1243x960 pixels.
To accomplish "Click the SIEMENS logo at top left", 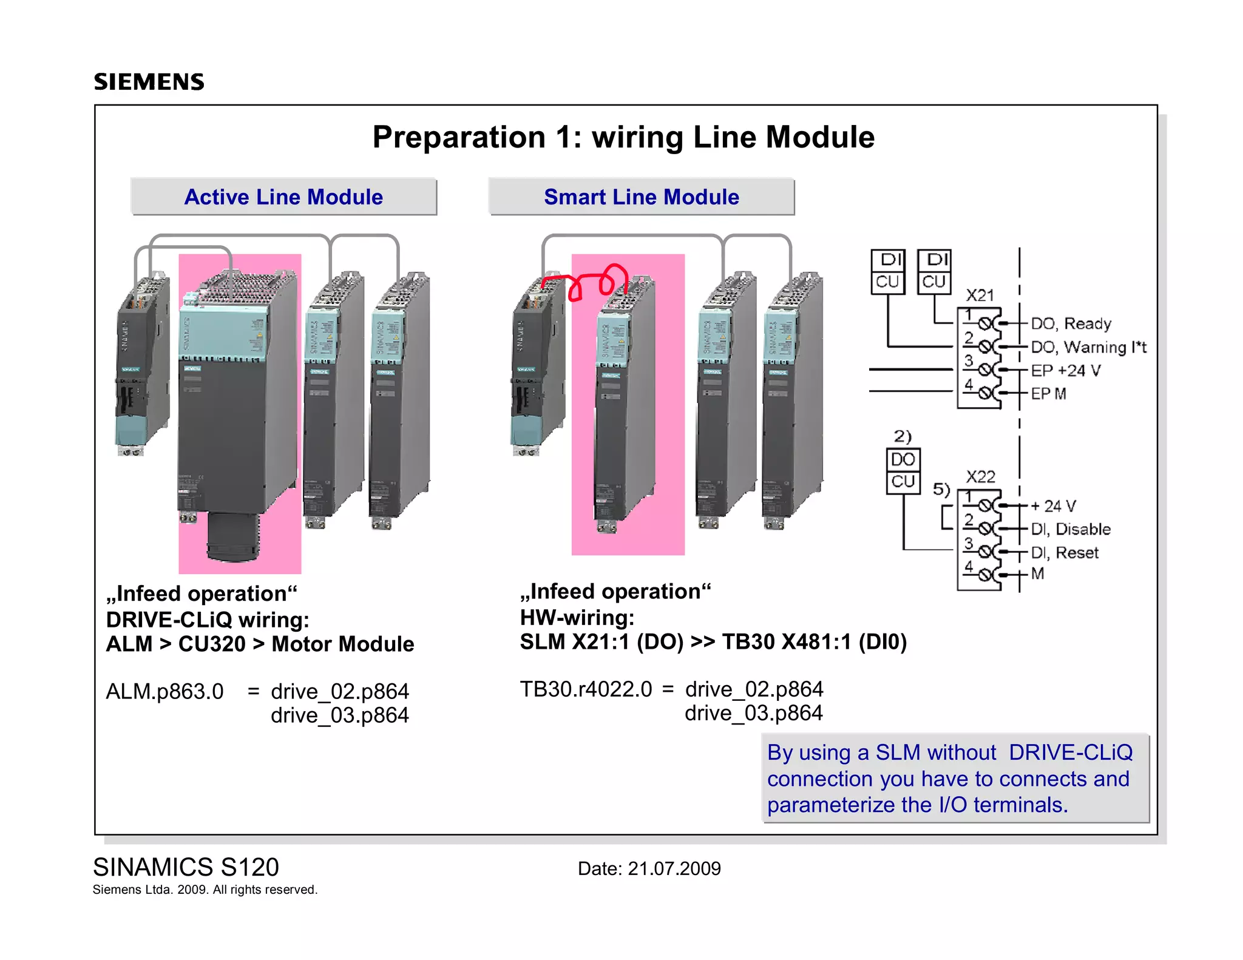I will click(149, 82).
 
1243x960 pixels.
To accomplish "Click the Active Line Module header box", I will click(283, 197).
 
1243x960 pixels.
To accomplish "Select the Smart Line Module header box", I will click(641, 197).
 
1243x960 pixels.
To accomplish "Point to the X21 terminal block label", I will click(980, 296).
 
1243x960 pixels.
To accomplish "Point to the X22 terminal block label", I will click(980, 476).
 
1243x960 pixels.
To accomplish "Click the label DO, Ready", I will click(1071, 323).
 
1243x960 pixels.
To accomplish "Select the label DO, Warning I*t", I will click(1088, 347).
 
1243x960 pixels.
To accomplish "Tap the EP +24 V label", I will click(1065, 370).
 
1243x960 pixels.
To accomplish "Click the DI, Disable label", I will click(1071, 529).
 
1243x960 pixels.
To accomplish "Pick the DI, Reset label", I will click(1065, 553).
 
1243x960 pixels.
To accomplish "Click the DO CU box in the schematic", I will click(903, 470).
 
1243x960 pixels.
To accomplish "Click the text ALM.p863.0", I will click(164, 691).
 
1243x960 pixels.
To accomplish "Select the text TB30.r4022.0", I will click(586, 689).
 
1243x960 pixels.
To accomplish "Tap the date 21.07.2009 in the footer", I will click(674, 868).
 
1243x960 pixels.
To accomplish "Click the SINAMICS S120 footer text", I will click(186, 867).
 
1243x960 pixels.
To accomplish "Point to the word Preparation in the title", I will click(459, 137).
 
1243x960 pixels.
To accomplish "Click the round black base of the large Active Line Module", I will click(233, 537).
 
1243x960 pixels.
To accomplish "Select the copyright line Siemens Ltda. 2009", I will click(205, 890).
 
